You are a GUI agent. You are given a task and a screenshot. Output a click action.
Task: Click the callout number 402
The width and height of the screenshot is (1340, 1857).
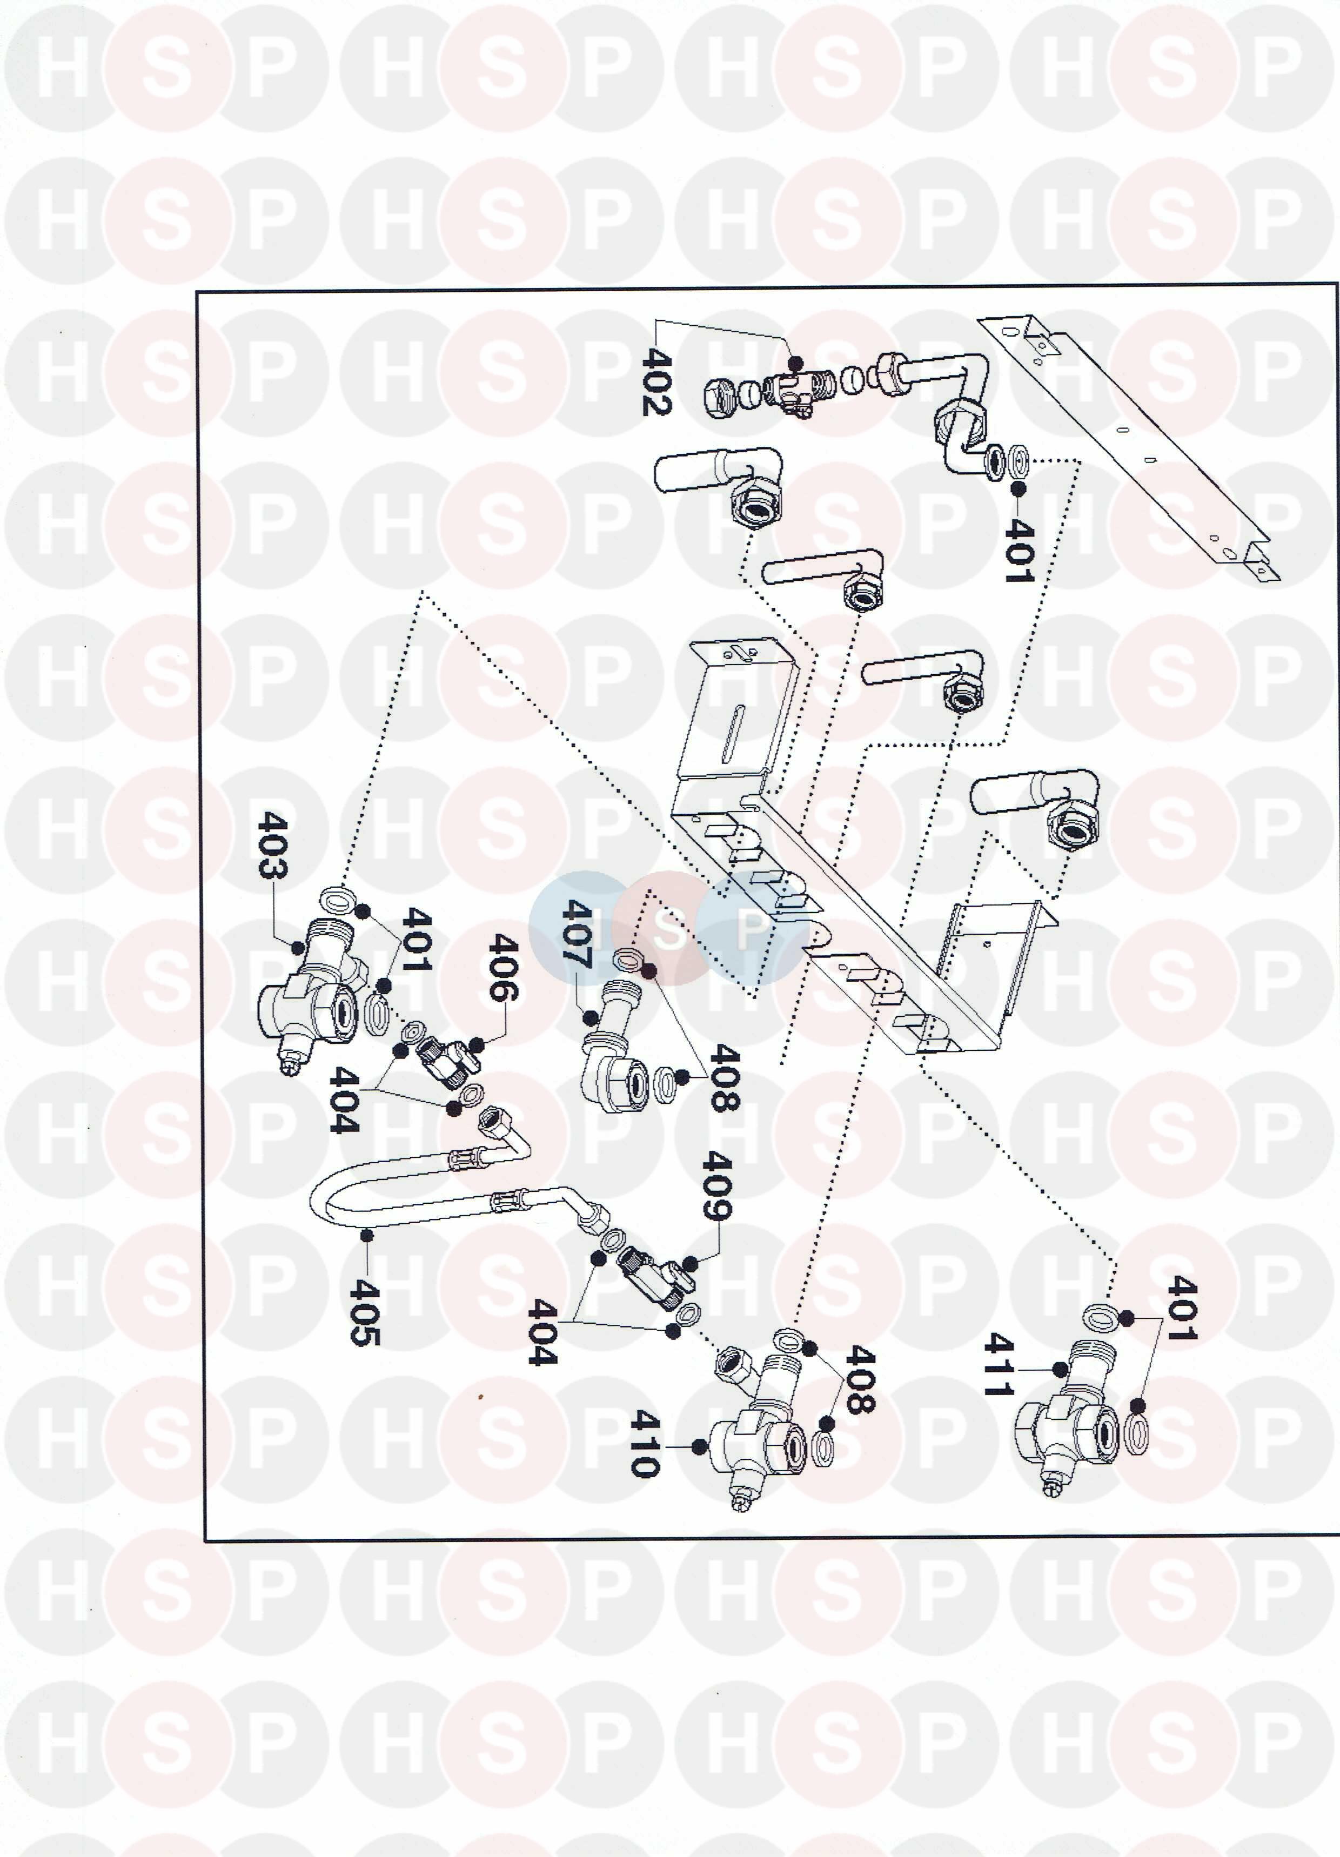click(657, 381)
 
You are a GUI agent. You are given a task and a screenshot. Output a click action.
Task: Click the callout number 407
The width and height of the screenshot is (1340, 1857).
click(578, 934)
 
